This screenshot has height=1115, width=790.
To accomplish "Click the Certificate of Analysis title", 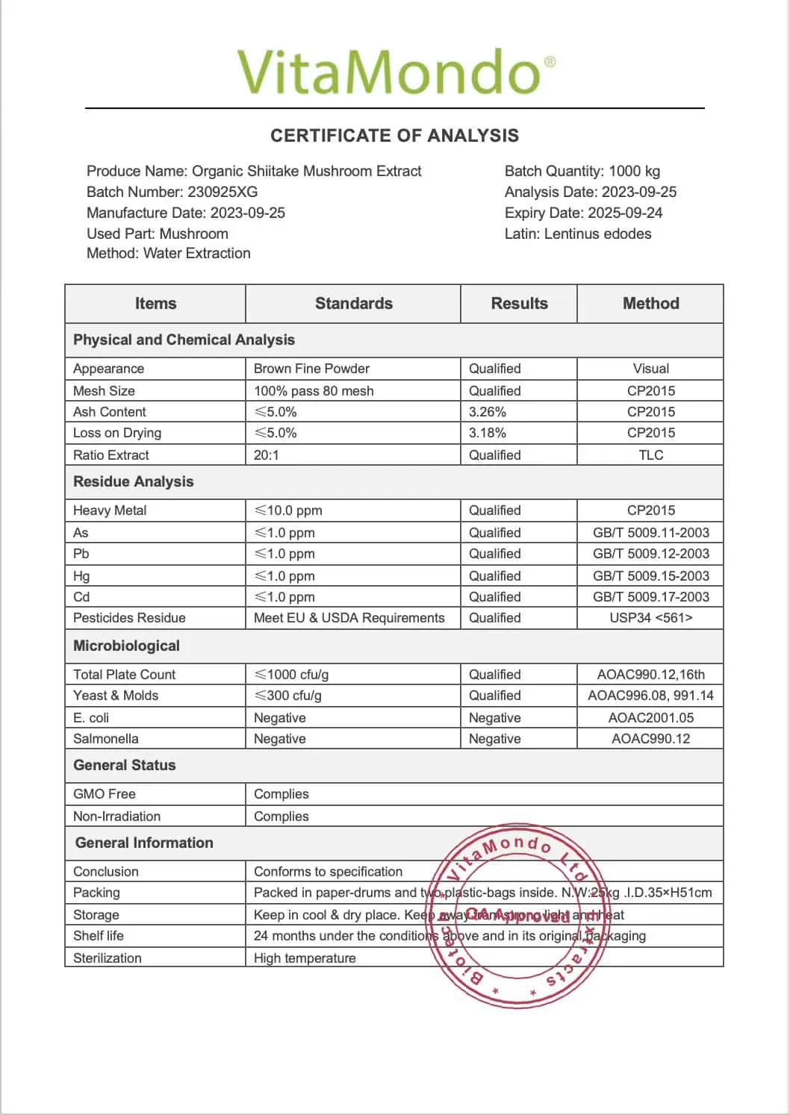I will (394, 135).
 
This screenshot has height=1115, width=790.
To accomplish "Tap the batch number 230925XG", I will (223, 192).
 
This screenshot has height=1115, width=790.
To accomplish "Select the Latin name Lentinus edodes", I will (597, 234).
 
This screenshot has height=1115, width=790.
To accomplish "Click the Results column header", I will (519, 303).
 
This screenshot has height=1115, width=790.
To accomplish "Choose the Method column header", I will (650, 303).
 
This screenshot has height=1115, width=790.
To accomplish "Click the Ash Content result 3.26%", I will (488, 411).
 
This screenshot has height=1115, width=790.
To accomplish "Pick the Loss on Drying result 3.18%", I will (488, 432).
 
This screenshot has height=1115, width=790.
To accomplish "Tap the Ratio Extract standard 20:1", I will (266, 455).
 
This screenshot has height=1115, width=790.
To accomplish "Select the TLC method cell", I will (650, 455).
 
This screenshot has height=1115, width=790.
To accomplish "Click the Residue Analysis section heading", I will (133, 481).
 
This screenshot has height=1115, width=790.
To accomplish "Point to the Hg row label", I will (81, 575).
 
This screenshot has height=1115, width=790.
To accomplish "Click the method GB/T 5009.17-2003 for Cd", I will (650, 596).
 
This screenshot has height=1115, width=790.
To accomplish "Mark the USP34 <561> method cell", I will (650, 617).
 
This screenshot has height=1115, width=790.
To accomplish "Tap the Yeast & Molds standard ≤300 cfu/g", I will (288, 695).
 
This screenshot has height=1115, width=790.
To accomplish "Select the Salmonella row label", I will (106, 738).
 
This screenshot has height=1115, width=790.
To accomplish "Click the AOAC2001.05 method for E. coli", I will (650, 717).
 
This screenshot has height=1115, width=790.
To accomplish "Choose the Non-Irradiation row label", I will (117, 816).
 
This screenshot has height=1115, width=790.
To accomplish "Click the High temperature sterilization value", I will (305, 958).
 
